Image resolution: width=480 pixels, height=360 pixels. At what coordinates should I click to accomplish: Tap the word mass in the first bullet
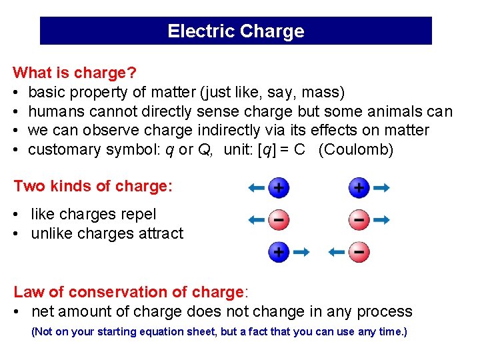pyautogui.click(x=321, y=91)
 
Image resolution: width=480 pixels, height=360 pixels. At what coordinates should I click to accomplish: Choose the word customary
pyautogui.click(x=65, y=149)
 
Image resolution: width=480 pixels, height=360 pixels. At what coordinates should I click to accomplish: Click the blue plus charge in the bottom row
pyautogui.click(x=279, y=252)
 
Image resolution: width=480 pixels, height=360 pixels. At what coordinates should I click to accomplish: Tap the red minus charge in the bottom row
pyautogui.click(x=359, y=252)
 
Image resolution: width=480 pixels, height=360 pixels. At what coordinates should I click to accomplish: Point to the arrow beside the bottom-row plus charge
pyautogui.click(x=301, y=252)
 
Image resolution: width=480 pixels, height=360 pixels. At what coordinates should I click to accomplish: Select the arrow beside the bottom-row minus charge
pyautogui.click(x=337, y=252)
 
